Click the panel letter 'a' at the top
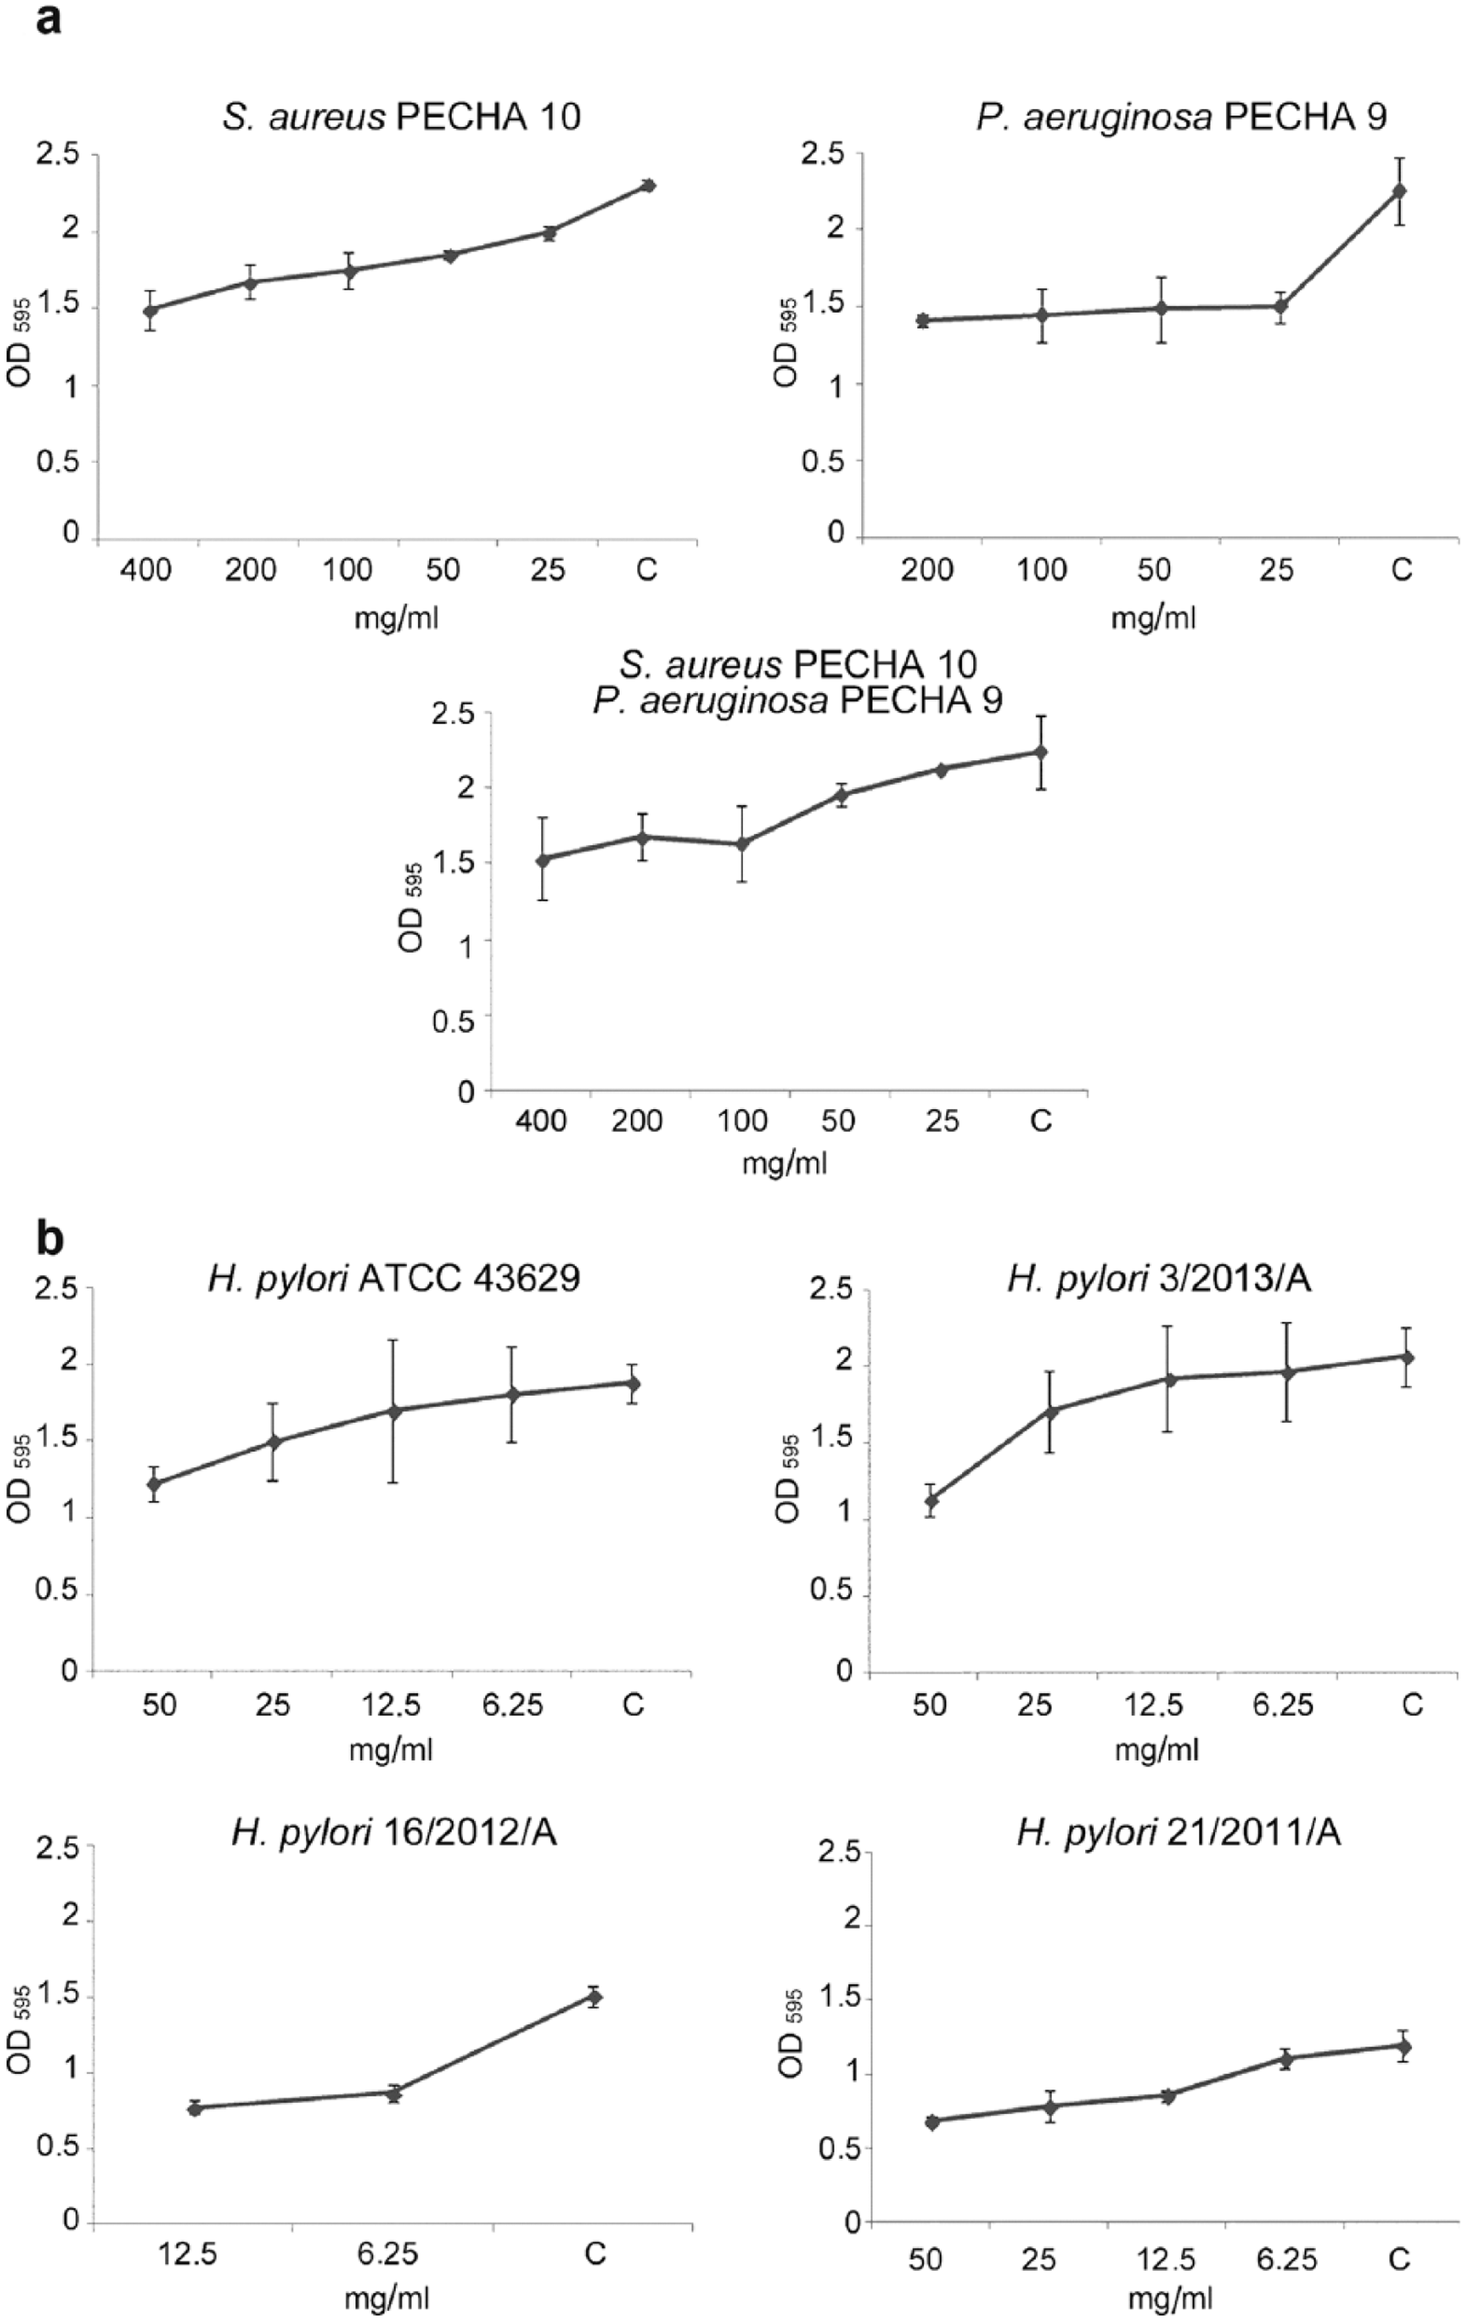[48, 21]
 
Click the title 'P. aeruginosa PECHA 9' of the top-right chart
[1181, 117]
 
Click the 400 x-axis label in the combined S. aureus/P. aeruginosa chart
[541, 1121]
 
